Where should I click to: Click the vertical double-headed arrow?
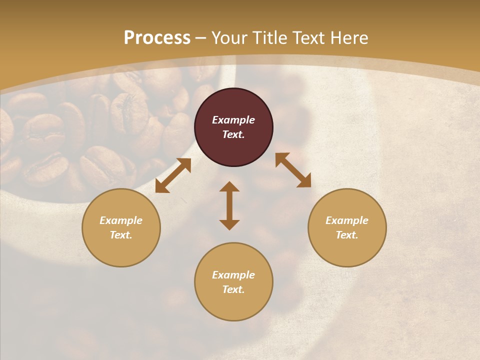pyautogui.click(x=229, y=205)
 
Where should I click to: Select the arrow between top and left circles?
pyautogui.click(x=173, y=175)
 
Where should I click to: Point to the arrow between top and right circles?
pyautogui.click(x=293, y=170)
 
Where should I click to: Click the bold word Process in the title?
pyautogui.click(x=157, y=38)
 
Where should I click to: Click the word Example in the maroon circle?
pyautogui.click(x=233, y=120)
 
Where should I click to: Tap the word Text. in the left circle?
pyautogui.click(x=121, y=235)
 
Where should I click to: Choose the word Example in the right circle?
pyautogui.click(x=347, y=220)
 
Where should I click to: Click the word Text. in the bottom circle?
pyautogui.click(x=233, y=289)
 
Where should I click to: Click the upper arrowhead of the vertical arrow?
pyautogui.click(x=229, y=187)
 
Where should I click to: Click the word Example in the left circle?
pyautogui.click(x=121, y=220)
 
